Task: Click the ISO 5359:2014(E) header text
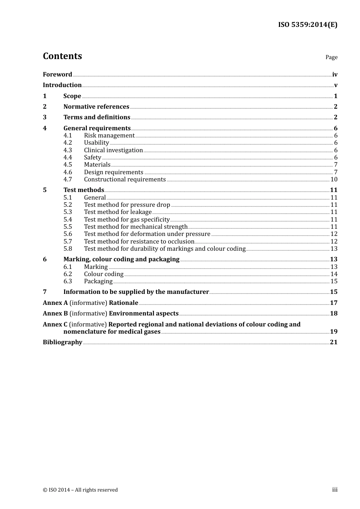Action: point(307,25)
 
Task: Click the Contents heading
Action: point(62,56)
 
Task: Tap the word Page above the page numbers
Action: point(331,57)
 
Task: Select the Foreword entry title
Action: point(57,75)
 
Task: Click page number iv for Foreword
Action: point(335,75)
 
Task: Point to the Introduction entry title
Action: point(62,85)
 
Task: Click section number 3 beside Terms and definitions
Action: point(45,117)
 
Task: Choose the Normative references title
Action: point(96,107)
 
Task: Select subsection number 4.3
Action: point(67,150)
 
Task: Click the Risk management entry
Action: point(109,136)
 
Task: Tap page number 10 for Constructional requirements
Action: point(333,180)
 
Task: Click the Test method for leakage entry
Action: point(117,212)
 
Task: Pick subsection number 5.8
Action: point(67,249)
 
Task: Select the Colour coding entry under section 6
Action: point(103,274)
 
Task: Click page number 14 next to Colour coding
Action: point(333,274)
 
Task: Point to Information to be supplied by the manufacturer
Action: point(136,292)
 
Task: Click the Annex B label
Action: point(55,314)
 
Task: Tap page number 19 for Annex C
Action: point(333,332)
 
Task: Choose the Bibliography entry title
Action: point(63,342)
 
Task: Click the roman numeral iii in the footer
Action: point(335,490)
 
